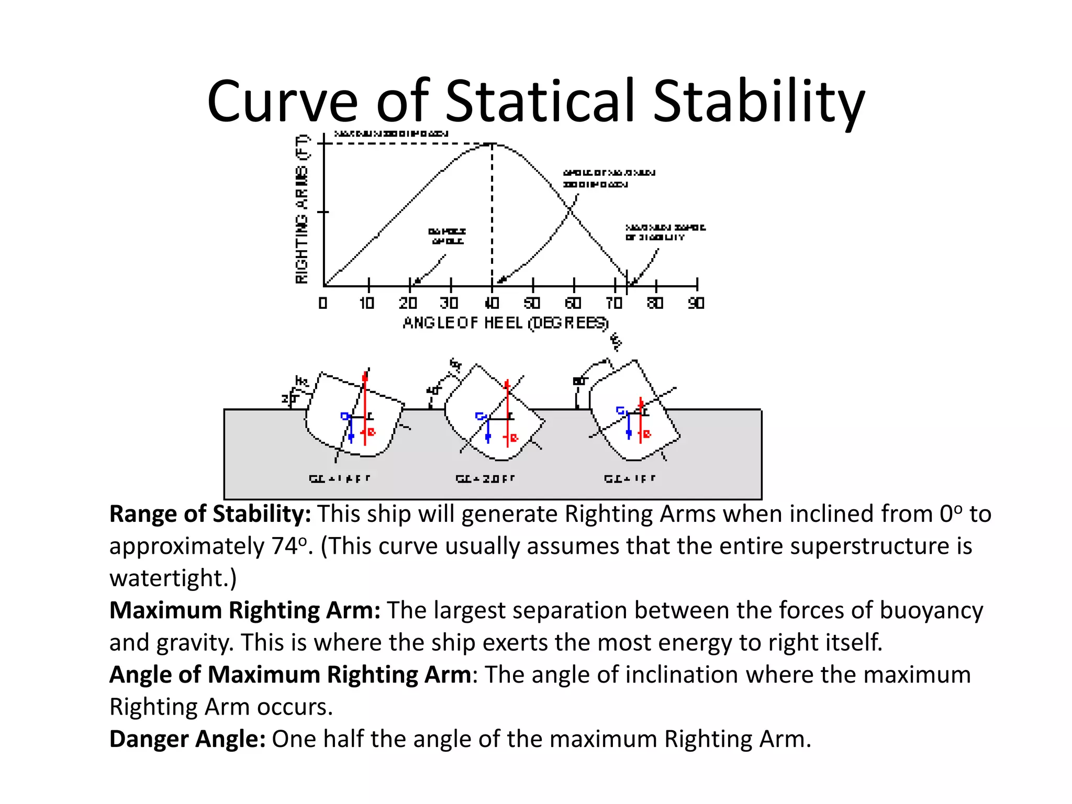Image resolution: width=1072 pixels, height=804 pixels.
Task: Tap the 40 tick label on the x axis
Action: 492,303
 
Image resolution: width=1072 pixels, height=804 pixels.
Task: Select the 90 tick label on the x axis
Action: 696,303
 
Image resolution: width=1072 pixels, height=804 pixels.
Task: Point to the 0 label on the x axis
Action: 323,303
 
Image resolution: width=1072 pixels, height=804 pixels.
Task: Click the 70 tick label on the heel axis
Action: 614,303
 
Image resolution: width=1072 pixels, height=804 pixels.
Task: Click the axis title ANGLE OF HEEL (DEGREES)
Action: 506,323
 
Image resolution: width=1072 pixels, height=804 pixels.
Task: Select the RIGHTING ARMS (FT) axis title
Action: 303,209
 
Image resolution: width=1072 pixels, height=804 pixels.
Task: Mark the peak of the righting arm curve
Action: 491,144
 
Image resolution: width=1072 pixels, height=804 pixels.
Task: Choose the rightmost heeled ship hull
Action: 634,414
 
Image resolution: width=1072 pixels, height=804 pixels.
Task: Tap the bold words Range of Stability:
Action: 210,514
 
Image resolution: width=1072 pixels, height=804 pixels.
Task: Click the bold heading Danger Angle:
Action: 187,739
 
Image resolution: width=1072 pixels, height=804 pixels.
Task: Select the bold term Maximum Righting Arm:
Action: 244,610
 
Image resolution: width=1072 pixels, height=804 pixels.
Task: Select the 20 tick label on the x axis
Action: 408,303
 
